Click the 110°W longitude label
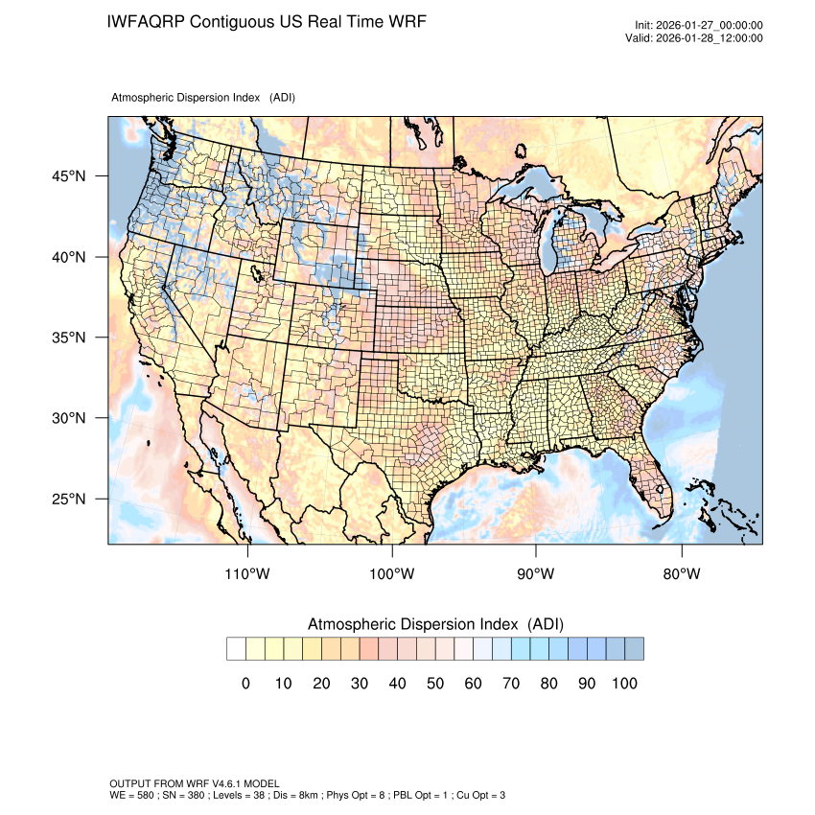[248, 574]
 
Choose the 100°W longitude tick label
[392, 574]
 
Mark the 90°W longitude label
[536, 574]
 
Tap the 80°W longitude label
[681, 574]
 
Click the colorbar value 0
[245, 684]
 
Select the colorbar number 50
[434, 684]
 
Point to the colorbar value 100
[623, 684]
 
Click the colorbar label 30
[359, 684]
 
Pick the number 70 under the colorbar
[510, 684]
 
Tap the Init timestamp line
[698, 26]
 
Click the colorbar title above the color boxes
[434, 624]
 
